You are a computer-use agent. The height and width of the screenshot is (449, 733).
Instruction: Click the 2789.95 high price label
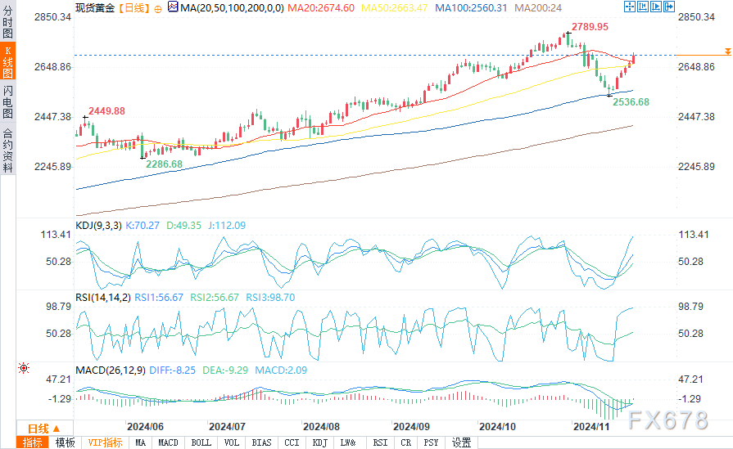[590, 27]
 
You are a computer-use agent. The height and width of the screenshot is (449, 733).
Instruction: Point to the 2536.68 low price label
[631, 102]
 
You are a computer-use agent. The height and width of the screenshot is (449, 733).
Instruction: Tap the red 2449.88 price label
[106, 111]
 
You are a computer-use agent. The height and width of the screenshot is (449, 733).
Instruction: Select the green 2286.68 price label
[164, 164]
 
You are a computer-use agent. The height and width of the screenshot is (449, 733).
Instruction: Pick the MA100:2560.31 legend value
[471, 7]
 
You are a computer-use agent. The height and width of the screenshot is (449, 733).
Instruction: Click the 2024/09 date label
[411, 426]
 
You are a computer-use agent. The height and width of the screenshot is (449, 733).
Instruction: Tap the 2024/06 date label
[146, 426]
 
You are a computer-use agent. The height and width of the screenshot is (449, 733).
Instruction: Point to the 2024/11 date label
[591, 426]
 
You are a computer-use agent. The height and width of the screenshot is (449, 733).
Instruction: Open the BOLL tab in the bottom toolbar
[201, 442]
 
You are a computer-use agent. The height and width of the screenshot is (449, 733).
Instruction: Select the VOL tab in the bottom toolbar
[232, 442]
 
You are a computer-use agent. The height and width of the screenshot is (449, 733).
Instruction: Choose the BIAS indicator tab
[261, 442]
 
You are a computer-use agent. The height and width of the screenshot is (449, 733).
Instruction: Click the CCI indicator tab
[292, 442]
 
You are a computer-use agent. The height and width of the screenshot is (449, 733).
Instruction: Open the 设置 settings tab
[461, 442]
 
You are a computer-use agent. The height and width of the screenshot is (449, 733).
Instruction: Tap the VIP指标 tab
[105, 442]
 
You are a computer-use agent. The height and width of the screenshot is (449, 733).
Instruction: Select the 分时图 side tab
[7, 22]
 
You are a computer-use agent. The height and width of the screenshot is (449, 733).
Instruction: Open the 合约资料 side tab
[7, 150]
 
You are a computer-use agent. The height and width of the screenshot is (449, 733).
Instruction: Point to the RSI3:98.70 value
[270, 298]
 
